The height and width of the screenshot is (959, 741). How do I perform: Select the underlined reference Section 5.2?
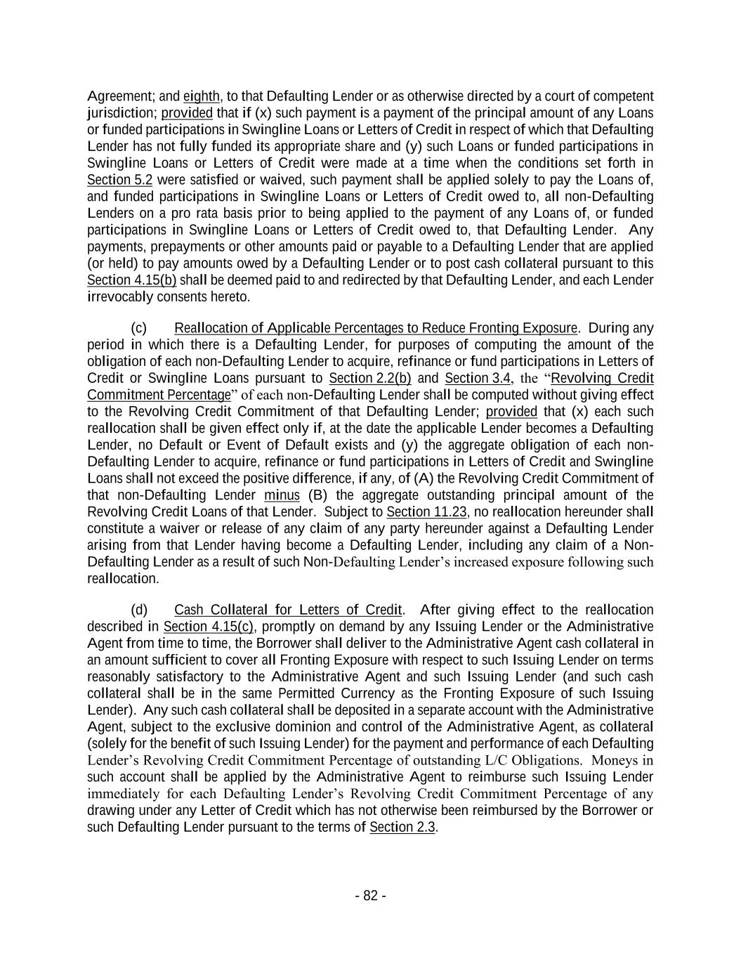119,180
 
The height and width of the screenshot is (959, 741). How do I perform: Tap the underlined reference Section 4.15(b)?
132,280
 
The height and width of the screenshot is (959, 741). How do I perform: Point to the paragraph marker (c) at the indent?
138,328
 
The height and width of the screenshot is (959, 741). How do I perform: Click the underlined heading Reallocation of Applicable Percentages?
376,328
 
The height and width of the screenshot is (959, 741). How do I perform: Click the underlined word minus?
282,495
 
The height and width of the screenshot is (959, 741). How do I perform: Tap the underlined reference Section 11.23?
427,511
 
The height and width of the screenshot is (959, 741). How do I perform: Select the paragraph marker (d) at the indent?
138,610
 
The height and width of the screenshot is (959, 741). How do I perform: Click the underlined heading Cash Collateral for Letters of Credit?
288,610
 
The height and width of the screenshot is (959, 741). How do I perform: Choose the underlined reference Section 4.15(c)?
208,627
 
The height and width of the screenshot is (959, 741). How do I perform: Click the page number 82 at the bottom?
370,896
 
